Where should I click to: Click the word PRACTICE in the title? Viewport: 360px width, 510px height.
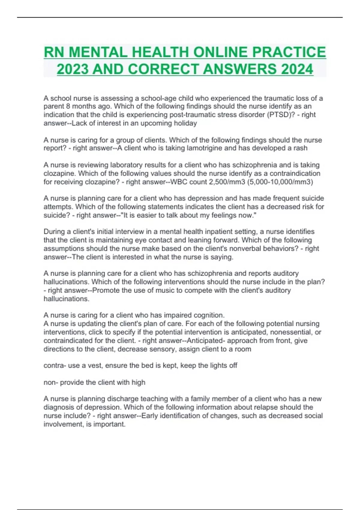pyautogui.click(x=289, y=52)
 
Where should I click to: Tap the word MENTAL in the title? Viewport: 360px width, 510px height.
pyautogui.click(x=98, y=52)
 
